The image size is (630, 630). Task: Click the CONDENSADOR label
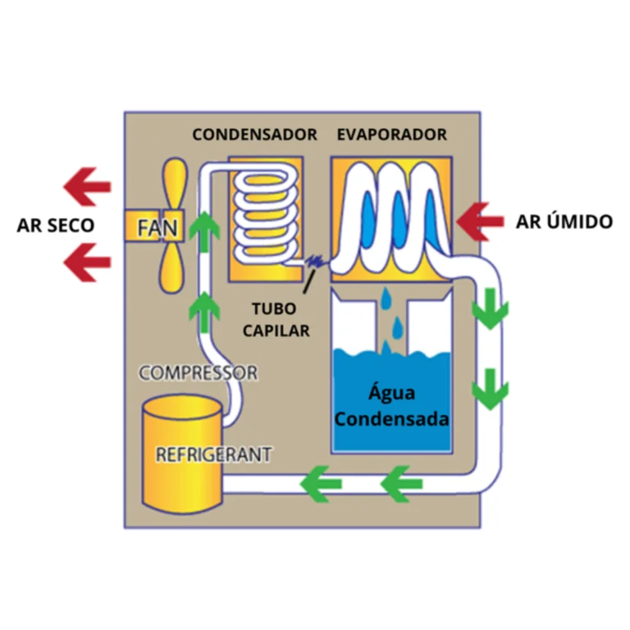[x=254, y=135]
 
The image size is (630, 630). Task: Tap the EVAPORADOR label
[x=392, y=135]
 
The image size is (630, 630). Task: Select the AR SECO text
[x=55, y=225]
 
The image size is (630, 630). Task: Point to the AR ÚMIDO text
[x=564, y=221]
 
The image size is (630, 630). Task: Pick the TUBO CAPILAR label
[x=281, y=320]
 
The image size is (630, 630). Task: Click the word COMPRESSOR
[x=198, y=372]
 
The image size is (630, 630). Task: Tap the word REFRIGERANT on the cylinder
[x=213, y=454]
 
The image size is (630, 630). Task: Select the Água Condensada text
[x=392, y=408]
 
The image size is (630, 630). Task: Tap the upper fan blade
[x=176, y=185]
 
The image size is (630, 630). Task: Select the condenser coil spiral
[x=264, y=215]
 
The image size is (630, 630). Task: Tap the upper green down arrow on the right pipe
[x=491, y=309]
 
